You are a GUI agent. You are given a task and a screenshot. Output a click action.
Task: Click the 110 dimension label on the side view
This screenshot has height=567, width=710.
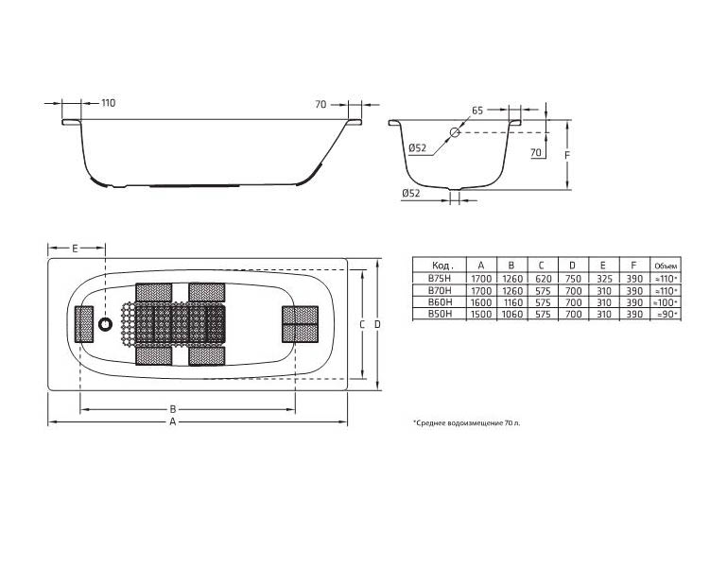[x=108, y=103]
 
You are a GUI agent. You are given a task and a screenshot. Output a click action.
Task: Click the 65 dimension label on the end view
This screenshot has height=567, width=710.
[x=477, y=111]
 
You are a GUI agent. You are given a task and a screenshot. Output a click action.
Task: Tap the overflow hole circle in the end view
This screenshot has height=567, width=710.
[x=455, y=132]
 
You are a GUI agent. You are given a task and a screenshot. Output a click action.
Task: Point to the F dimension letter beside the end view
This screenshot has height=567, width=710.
[x=567, y=155]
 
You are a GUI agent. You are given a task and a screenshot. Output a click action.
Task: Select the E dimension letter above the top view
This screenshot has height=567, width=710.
[x=76, y=248]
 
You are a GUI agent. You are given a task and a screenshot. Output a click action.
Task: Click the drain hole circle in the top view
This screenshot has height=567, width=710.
[x=106, y=323]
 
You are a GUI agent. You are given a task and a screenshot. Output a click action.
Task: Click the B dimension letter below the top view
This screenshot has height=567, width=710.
[x=172, y=409]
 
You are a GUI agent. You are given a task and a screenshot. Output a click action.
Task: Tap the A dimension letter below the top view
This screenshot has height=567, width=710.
[x=172, y=421]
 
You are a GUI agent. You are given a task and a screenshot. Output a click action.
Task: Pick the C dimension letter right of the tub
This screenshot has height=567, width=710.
[x=362, y=324]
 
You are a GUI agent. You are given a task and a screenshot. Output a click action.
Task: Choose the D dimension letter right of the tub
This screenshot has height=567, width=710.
[x=377, y=324]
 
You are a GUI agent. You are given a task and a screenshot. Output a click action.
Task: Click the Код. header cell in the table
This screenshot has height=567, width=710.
[x=442, y=266]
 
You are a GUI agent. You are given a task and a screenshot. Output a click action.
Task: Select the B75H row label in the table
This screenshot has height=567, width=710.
[x=440, y=278]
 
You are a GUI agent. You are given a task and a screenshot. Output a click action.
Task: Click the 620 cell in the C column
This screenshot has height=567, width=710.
[x=543, y=279]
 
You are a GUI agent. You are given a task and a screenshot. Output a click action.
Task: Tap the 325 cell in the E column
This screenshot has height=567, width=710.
[x=604, y=279]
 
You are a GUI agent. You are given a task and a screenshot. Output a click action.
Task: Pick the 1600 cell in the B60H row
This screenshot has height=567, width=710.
[x=481, y=302]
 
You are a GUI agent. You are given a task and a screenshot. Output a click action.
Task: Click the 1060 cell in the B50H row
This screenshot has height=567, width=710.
[x=512, y=314]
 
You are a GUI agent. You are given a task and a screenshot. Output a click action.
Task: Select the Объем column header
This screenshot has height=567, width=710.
[x=666, y=266]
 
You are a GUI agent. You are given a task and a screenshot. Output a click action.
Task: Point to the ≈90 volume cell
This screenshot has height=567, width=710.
[x=666, y=314]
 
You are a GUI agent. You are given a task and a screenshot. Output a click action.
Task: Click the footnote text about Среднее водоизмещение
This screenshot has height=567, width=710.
[x=467, y=423]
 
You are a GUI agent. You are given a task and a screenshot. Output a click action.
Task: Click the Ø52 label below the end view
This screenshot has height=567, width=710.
[x=411, y=193]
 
